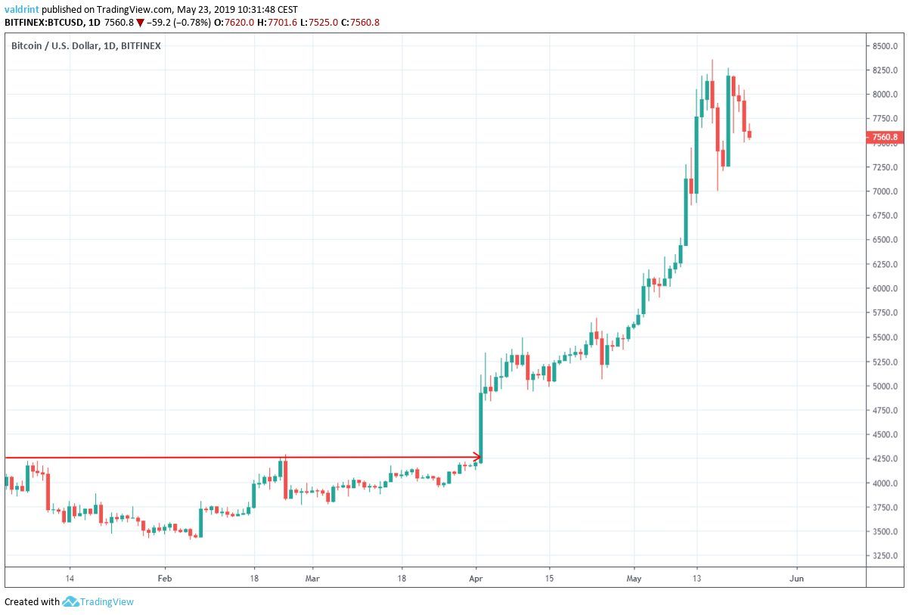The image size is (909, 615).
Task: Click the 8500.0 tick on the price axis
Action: (x=884, y=45)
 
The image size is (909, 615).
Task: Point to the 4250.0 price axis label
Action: (x=884, y=458)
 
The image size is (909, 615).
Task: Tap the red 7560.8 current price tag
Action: (x=883, y=137)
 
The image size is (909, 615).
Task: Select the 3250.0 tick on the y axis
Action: (x=884, y=556)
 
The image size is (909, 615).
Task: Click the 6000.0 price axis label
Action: (x=884, y=288)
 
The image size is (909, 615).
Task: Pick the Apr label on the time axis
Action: (x=476, y=577)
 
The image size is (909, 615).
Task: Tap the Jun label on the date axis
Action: (x=796, y=577)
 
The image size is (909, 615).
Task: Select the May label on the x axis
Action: (x=634, y=577)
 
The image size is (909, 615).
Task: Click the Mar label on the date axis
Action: (x=312, y=577)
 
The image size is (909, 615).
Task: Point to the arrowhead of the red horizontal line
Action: (x=477, y=457)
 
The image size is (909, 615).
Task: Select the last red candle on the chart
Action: (x=749, y=135)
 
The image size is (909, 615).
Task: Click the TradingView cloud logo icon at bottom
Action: (x=71, y=602)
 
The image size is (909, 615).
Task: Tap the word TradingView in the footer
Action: (x=107, y=602)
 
